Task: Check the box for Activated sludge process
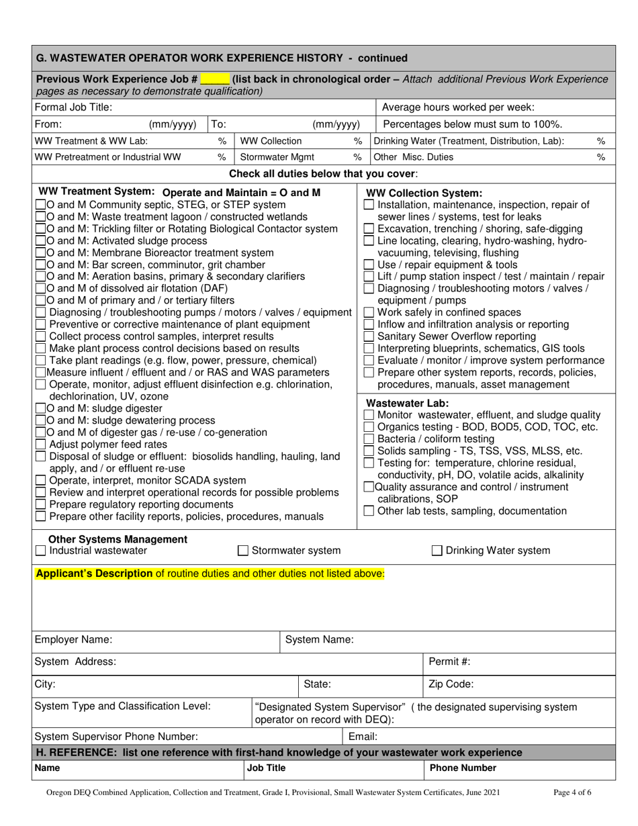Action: (40, 240)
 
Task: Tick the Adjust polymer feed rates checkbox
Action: (40, 444)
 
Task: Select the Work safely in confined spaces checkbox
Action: (369, 312)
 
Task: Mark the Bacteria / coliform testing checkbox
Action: (369, 439)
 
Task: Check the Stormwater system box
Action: (244, 551)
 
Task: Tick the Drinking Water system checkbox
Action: (437, 551)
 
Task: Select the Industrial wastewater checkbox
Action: (40, 551)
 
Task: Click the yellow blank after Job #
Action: (214, 79)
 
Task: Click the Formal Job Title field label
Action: (73, 107)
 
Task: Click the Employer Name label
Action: (73, 639)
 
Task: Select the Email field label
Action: (363, 736)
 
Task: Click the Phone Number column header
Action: (463, 768)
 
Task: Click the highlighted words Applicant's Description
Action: (94, 573)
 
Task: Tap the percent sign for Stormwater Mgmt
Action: (357, 157)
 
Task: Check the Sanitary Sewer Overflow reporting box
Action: (369, 336)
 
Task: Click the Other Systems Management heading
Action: (118, 539)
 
